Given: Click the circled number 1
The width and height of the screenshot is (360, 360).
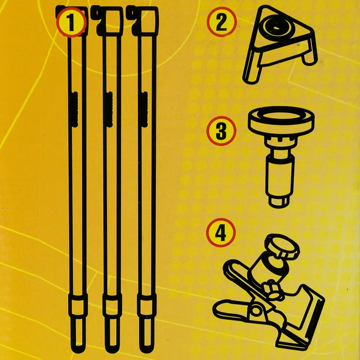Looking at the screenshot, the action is [71, 22].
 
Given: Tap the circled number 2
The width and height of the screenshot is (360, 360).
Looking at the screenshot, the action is [221, 22].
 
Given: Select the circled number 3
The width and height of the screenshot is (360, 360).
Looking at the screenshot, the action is [221, 131].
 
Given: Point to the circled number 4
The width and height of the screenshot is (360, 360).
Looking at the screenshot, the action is [221, 233].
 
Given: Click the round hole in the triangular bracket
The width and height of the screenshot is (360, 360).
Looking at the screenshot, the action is [276, 26].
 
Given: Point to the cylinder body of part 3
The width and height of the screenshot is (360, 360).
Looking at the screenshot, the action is [279, 177].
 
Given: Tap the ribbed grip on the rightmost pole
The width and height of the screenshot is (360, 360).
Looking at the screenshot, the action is [145, 109].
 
